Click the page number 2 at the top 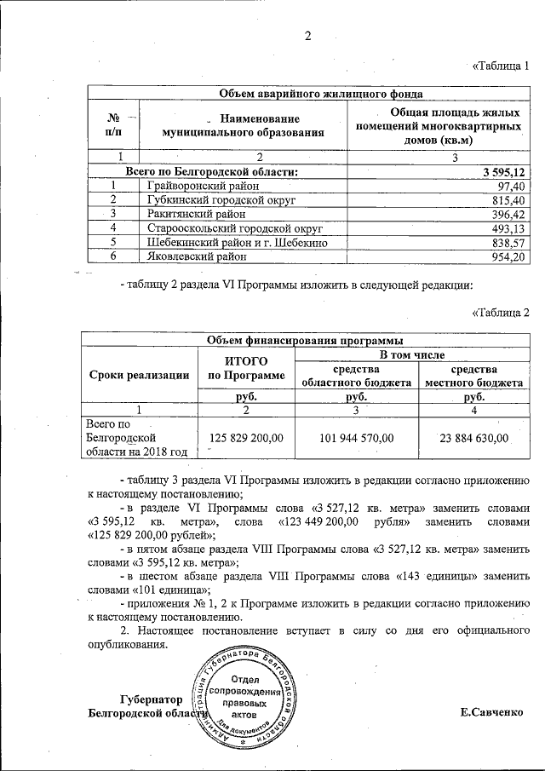coord(308,36)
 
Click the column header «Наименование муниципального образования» coord(248,125)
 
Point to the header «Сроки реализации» coord(137,375)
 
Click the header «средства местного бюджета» coord(474,376)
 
